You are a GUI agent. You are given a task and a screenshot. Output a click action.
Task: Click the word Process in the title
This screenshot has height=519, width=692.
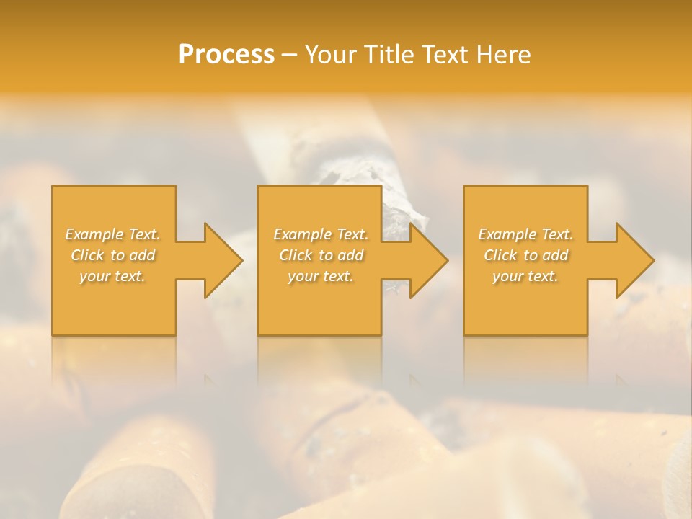pos(226,55)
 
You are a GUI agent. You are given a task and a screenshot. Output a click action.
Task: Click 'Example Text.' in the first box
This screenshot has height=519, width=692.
pos(113,234)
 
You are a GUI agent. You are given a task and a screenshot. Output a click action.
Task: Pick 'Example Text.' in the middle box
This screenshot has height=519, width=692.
pos(321,234)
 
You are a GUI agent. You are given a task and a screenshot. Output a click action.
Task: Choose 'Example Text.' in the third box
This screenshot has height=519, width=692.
pos(525,234)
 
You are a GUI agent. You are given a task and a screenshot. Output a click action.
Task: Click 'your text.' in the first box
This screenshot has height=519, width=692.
pos(112,276)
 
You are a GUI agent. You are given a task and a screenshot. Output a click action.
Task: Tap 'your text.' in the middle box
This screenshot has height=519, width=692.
pos(320,276)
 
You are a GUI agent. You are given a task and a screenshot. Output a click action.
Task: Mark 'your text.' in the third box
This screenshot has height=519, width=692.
pos(525,276)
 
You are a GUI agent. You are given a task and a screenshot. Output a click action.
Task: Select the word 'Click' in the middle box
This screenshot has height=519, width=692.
pos(296,255)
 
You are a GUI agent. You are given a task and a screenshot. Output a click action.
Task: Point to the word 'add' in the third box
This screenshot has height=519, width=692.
pos(555,255)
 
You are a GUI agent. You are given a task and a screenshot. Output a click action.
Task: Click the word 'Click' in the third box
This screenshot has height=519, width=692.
pos(500,255)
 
